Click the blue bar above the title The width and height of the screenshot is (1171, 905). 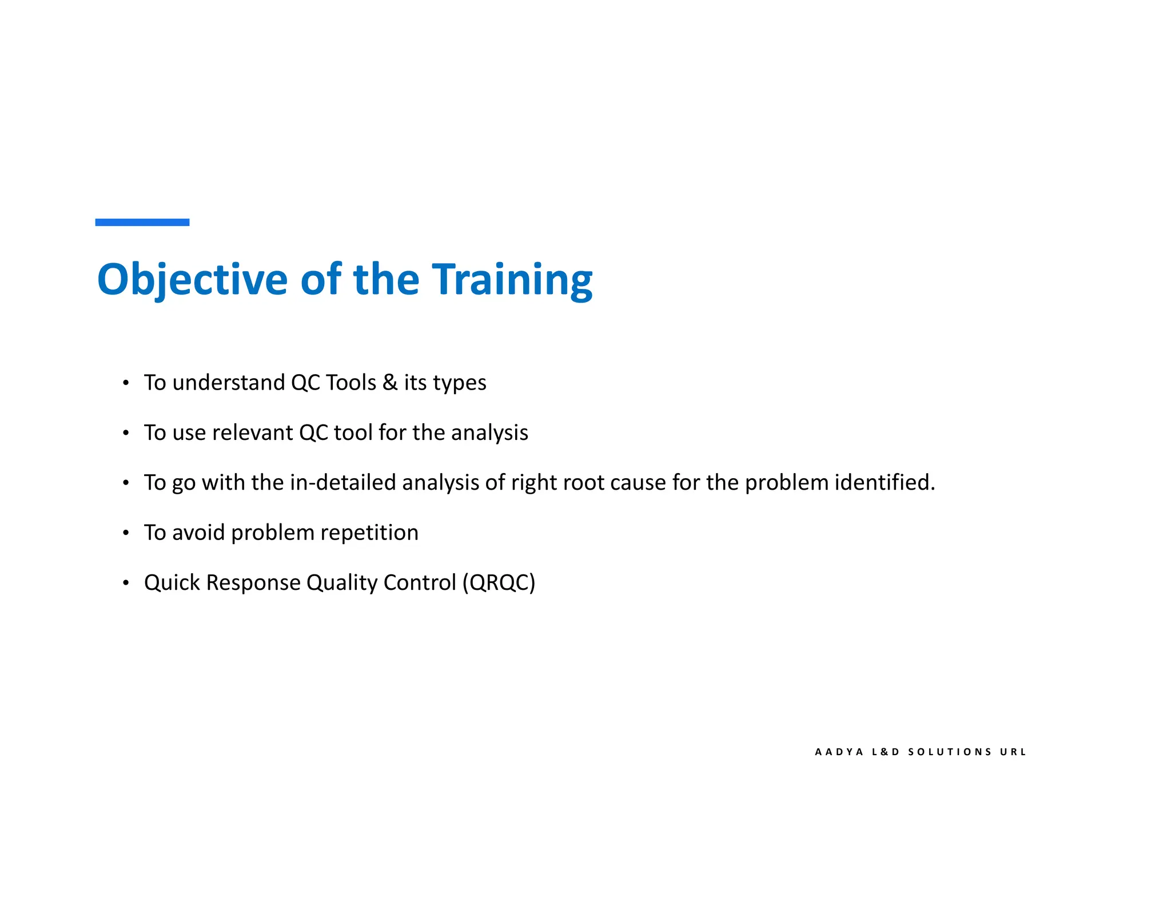pos(142,222)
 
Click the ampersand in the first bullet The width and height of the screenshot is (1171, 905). pos(390,383)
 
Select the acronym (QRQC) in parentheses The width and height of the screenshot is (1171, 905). pos(499,583)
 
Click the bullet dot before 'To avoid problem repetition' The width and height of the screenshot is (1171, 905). pos(126,533)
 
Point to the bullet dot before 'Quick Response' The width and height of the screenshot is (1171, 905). pos(126,583)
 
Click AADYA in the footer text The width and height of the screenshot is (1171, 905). pos(839,752)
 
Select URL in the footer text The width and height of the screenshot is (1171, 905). pos(1013,752)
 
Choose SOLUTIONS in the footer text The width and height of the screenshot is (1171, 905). pos(950,752)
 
